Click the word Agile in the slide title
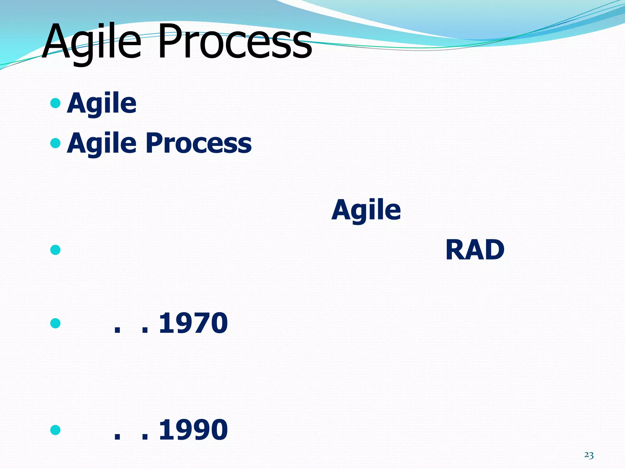point(92,41)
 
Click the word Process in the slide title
point(235,41)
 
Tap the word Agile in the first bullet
point(102,104)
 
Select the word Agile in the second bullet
point(102,144)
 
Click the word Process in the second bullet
point(199,144)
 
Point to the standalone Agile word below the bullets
point(366,210)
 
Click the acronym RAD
point(475,250)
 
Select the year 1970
point(193,323)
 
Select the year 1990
point(193,430)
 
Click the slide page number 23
point(589,455)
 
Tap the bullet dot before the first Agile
point(55,103)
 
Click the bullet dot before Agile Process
point(55,143)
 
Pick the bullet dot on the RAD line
point(55,250)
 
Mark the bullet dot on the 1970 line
point(55,323)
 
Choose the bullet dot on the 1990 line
point(55,430)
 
